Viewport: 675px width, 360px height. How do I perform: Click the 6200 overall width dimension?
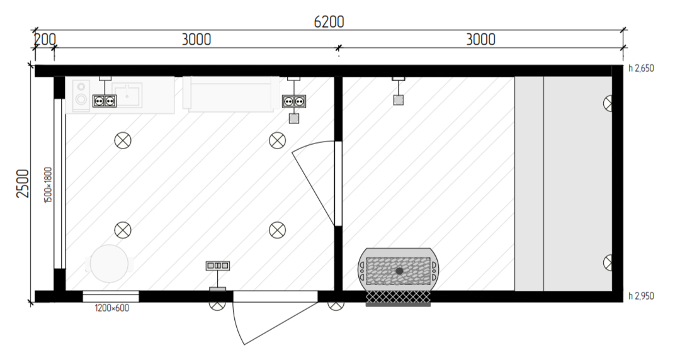(329, 22)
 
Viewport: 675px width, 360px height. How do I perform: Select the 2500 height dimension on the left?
(23, 183)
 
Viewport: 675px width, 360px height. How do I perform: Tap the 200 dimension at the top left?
(45, 39)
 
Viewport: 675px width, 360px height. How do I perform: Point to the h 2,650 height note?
(641, 68)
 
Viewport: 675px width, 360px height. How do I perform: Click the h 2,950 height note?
(641, 296)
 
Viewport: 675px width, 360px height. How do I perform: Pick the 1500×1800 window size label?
(48, 185)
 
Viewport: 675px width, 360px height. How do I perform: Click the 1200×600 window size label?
(112, 308)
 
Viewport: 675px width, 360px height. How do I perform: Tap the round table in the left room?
(110, 263)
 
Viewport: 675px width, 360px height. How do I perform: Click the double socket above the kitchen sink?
(105, 101)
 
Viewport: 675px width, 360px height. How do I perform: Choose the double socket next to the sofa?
(294, 101)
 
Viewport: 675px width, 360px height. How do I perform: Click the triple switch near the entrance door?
(217, 266)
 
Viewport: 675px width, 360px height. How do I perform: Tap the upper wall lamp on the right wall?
(608, 103)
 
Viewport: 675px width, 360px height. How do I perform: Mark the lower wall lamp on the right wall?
(608, 262)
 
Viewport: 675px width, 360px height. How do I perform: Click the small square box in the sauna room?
(398, 100)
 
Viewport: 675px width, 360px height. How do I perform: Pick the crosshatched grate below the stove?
(398, 296)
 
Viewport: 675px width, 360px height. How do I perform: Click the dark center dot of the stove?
(399, 271)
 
